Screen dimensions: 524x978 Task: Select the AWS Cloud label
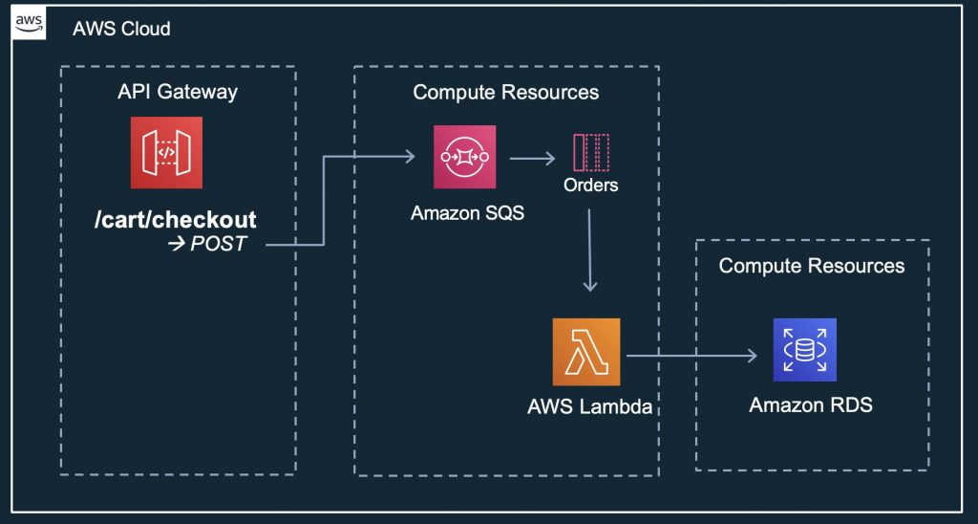[121, 29]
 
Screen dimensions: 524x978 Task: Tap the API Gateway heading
[178, 93]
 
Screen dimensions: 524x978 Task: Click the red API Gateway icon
[166, 152]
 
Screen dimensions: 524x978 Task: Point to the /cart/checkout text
[176, 220]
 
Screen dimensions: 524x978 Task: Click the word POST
[219, 244]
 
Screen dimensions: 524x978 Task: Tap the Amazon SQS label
[467, 213]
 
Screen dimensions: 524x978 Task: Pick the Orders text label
[590, 185]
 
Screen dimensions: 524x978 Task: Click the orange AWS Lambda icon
[586, 352]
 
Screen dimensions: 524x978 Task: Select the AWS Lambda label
[589, 406]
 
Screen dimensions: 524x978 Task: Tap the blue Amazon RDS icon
[804, 350]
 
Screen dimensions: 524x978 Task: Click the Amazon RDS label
[810, 405]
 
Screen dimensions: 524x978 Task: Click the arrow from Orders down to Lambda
[590, 249]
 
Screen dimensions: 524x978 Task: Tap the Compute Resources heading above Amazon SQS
[505, 93]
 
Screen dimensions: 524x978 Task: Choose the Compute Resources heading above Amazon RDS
[811, 265]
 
